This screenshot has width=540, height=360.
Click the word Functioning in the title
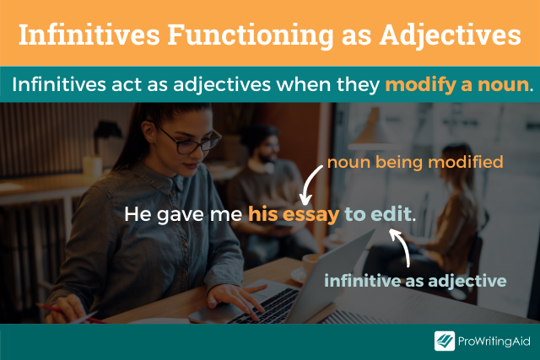click(x=251, y=35)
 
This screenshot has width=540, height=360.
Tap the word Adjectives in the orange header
click(x=450, y=35)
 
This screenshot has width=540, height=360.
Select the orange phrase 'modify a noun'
click(x=457, y=84)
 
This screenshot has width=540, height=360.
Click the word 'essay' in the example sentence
click(x=311, y=214)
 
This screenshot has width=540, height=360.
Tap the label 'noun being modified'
click(x=415, y=162)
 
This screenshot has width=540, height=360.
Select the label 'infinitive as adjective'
click(x=415, y=281)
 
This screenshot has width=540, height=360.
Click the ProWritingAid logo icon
click(x=445, y=341)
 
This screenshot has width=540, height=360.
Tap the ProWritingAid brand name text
click(x=494, y=341)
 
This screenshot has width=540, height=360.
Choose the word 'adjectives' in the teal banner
click(x=222, y=84)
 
